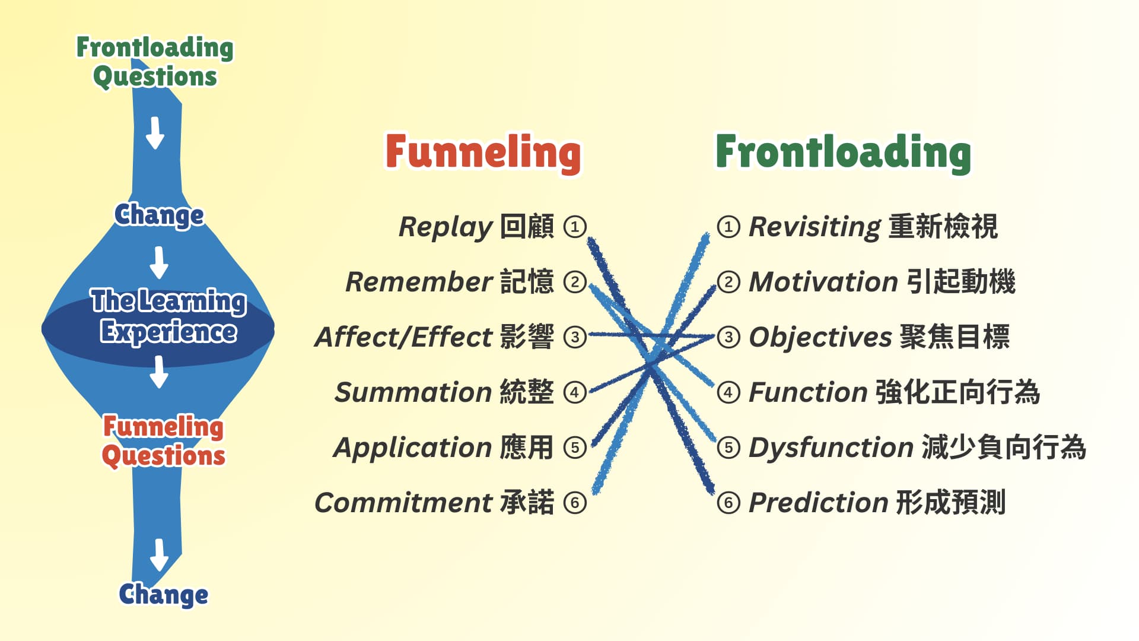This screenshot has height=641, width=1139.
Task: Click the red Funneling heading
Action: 483,153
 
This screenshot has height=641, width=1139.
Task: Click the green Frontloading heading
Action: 843,153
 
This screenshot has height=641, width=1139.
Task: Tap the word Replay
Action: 446,227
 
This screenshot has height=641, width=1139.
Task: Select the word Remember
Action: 419,282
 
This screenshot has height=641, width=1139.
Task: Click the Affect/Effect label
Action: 404,337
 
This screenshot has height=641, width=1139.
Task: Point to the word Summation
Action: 413,392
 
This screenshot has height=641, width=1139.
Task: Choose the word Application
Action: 413,448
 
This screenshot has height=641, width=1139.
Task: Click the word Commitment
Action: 403,503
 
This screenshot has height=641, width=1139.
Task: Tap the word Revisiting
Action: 815,227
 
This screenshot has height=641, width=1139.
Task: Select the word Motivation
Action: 823,282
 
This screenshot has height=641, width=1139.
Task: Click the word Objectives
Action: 820,337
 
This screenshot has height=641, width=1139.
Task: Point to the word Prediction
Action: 818,503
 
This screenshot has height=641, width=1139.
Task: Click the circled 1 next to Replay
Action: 574,227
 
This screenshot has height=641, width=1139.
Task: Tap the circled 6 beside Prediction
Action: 728,503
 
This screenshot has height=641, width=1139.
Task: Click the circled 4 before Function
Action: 728,392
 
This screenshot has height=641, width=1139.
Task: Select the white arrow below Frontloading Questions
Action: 155,132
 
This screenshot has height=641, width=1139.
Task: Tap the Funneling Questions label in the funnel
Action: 164,441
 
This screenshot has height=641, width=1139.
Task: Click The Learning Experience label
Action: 168,316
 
